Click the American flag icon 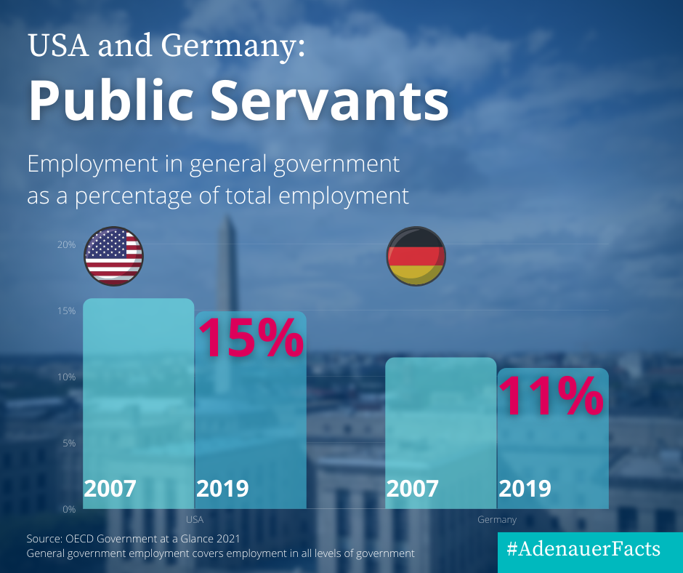pyautogui.click(x=114, y=255)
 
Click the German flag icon pyautogui.click(x=416, y=255)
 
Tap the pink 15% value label pyautogui.click(x=251, y=337)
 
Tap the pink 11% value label pyautogui.click(x=551, y=396)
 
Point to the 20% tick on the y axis pyautogui.click(x=67, y=245)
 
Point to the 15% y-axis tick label pyautogui.click(x=67, y=311)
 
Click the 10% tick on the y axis pyautogui.click(x=67, y=377)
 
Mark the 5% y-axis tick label pyautogui.click(x=68, y=443)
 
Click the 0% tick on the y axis pyautogui.click(x=68, y=509)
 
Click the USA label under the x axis pyautogui.click(x=195, y=520)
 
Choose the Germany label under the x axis pyautogui.click(x=497, y=520)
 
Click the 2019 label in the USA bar pyautogui.click(x=222, y=489)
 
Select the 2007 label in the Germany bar pyautogui.click(x=412, y=489)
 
